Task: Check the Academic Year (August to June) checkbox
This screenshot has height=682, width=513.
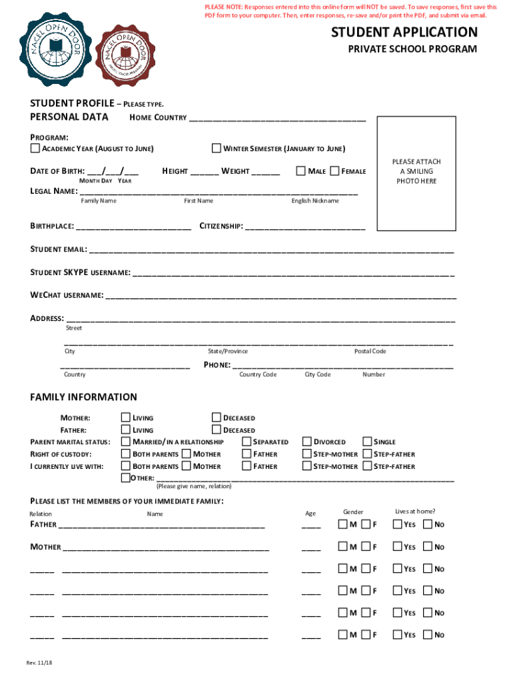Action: (35, 148)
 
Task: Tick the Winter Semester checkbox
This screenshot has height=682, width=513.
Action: (217, 148)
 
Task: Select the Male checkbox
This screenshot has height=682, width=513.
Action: (301, 171)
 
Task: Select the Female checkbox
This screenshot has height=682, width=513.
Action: (334, 171)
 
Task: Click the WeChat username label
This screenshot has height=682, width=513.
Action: (67, 294)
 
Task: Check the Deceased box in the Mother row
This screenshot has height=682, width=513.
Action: (217, 418)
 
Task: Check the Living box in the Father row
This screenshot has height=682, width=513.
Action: (126, 430)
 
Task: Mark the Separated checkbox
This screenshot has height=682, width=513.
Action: (247, 442)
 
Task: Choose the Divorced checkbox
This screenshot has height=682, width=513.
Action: (307, 442)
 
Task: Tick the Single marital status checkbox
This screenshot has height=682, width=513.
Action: (367, 442)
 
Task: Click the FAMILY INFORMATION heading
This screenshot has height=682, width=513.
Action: (84, 397)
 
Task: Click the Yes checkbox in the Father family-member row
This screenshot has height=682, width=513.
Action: (398, 525)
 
